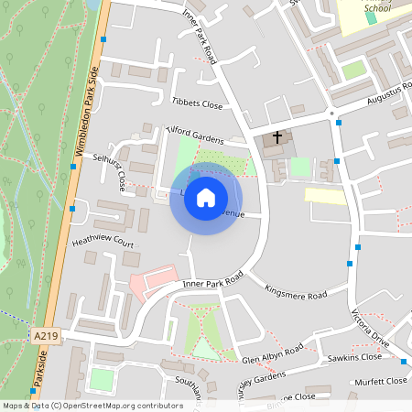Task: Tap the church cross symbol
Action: [277, 137]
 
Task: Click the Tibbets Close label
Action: [197, 103]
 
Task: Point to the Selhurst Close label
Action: [114, 171]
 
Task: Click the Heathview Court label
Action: [103, 244]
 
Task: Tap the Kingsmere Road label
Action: [295, 295]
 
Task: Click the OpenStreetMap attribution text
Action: [92, 406]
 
